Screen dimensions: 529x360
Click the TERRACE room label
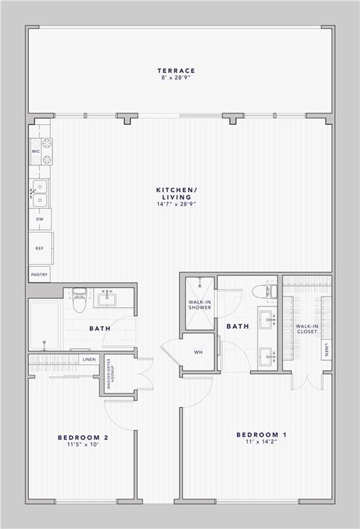176,70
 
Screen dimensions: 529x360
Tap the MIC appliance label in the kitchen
34,151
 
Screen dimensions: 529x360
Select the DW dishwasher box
39,220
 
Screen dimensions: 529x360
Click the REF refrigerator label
39,249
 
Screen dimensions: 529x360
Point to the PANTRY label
39,274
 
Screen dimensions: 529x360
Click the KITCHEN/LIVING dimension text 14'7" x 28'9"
176,205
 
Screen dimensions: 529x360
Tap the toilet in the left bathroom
79,300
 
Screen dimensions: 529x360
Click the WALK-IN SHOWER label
200,304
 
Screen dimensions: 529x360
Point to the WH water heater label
198,352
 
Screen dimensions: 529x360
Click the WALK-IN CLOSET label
306,329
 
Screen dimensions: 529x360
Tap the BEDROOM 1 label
262,435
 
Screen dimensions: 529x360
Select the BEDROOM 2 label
83,437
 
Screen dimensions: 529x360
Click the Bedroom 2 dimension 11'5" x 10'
83,445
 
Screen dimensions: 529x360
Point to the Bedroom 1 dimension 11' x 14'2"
262,442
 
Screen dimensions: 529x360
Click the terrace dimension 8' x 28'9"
176,78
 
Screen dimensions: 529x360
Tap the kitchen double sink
39,194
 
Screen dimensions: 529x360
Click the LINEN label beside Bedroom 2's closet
89,360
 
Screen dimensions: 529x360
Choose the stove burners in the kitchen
47,152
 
